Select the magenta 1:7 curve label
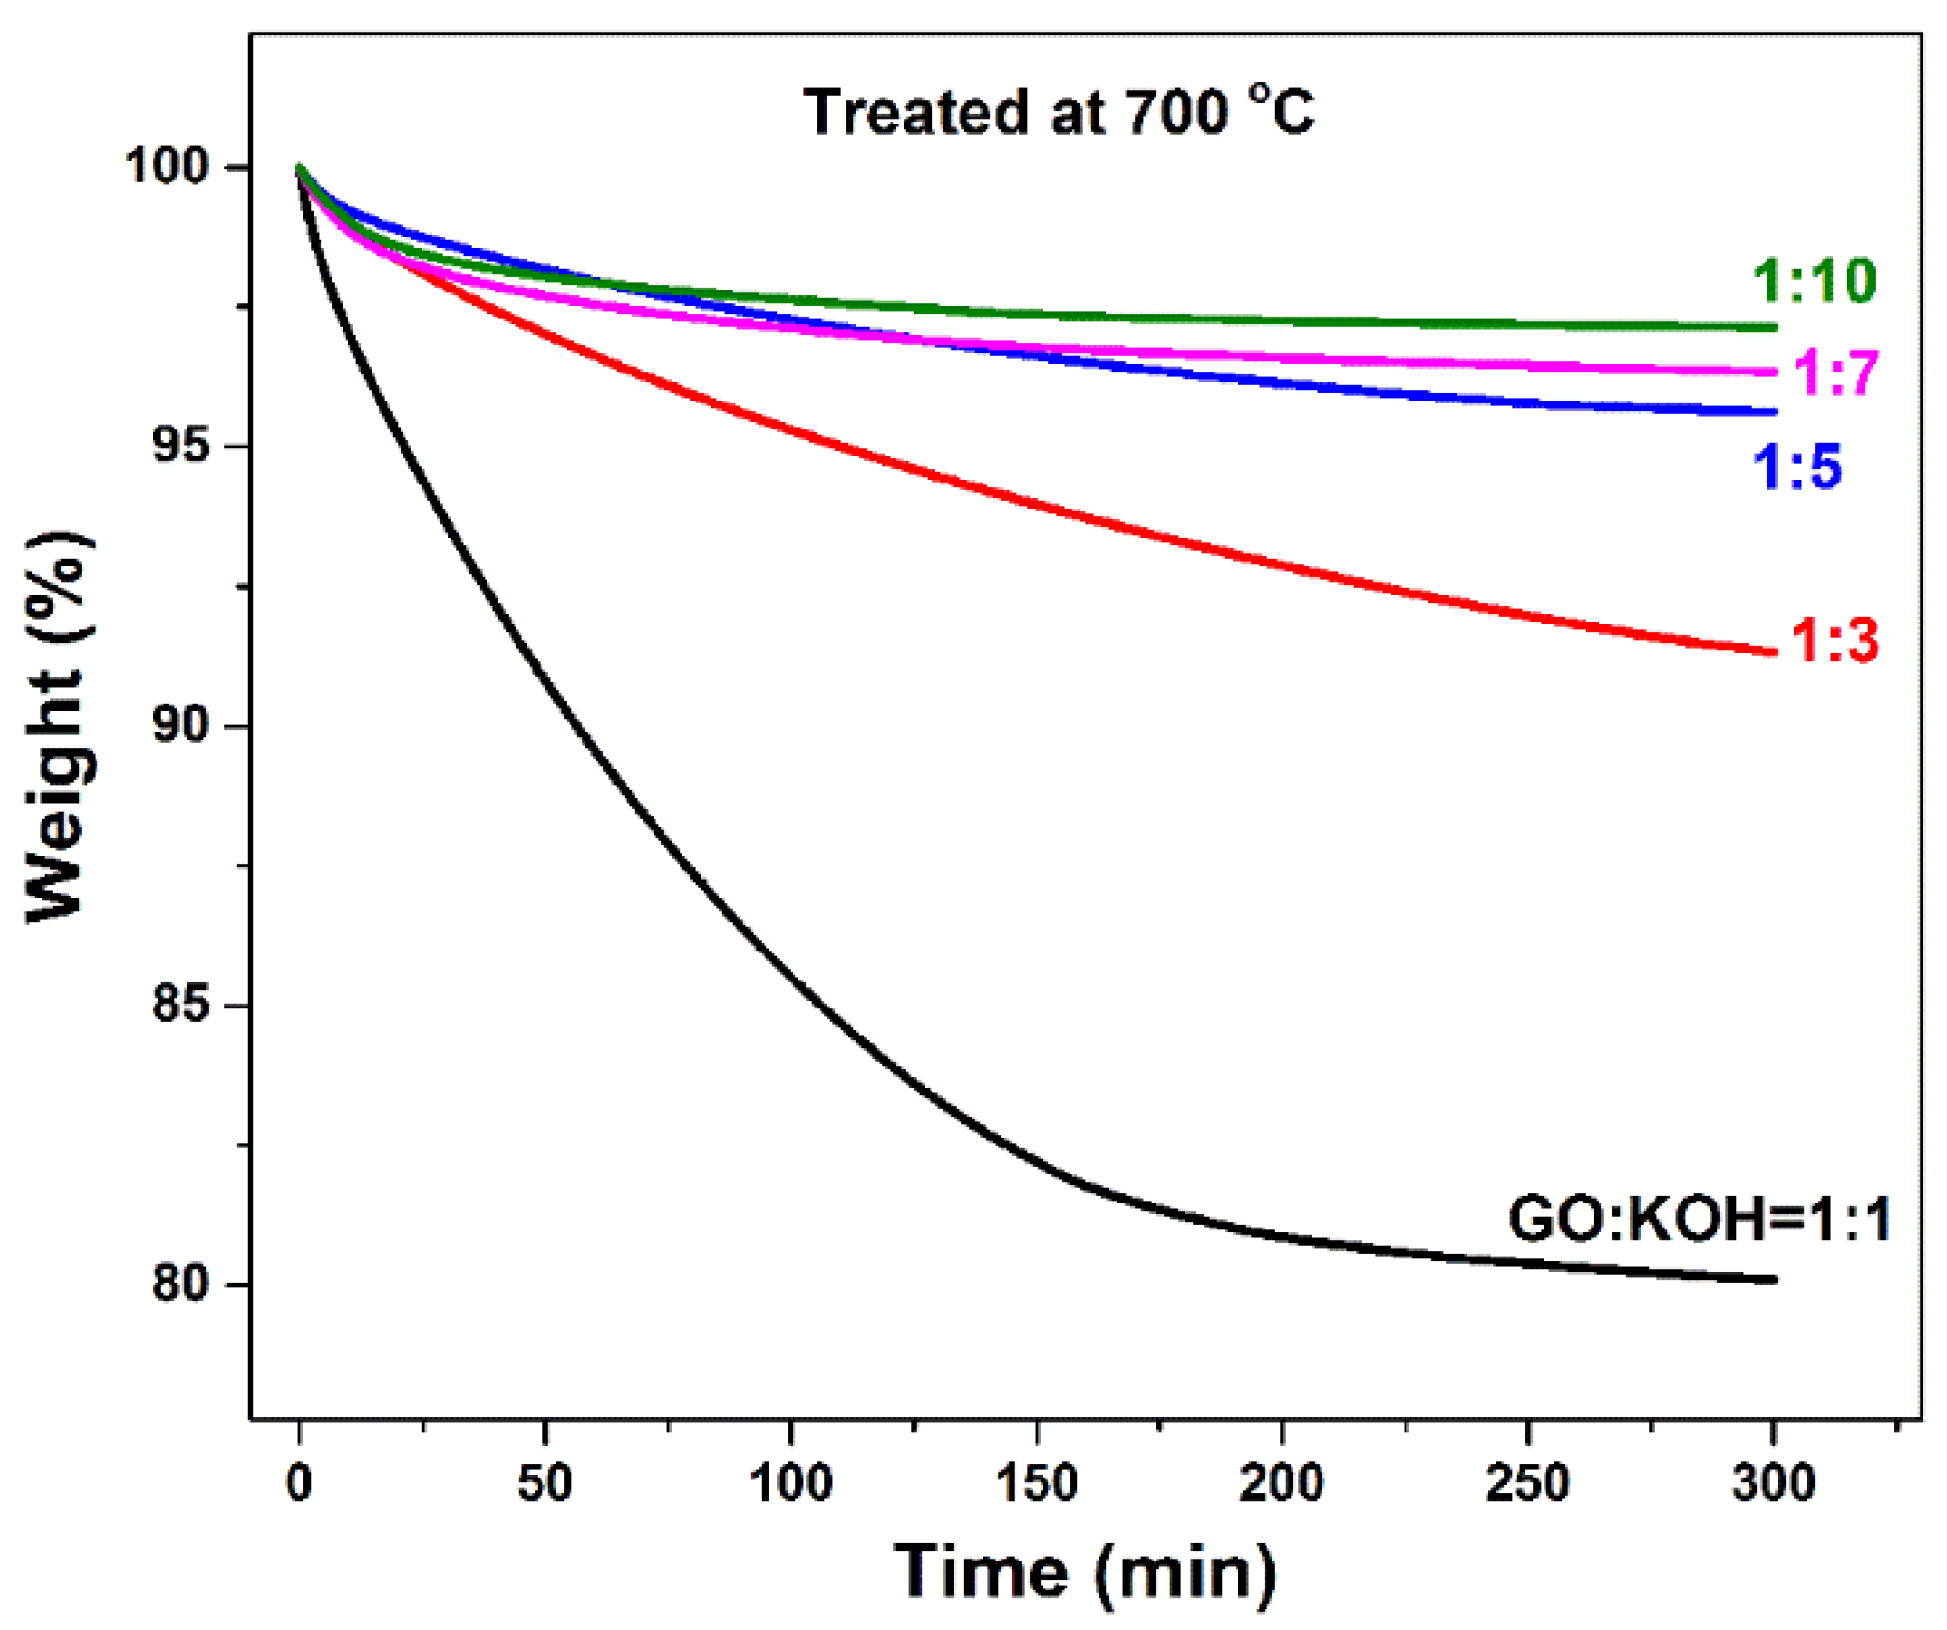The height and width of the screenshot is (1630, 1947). [1835, 373]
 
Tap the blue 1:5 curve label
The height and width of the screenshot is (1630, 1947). [1796, 466]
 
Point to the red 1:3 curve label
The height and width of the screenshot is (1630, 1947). [1834, 640]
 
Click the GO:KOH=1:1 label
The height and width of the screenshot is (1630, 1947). [1698, 1219]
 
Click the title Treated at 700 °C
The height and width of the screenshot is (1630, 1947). [1058, 112]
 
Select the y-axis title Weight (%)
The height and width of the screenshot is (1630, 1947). [60, 726]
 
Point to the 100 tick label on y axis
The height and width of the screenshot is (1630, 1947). [167, 167]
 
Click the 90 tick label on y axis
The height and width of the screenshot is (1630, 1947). [181, 726]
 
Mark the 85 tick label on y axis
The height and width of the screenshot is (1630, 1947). [181, 1005]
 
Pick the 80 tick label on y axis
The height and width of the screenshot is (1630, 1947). [181, 1284]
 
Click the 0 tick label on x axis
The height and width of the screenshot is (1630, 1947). [299, 1482]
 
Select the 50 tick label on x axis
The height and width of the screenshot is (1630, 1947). [545, 1482]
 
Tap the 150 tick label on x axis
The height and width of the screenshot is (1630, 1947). [1036, 1482]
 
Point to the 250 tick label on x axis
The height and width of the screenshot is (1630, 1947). [1527, 1482]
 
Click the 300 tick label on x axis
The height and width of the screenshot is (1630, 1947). [1773, 1482]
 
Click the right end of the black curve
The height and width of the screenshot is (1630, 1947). [1773, 1280]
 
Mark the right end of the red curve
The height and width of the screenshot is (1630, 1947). [1773, 652]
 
